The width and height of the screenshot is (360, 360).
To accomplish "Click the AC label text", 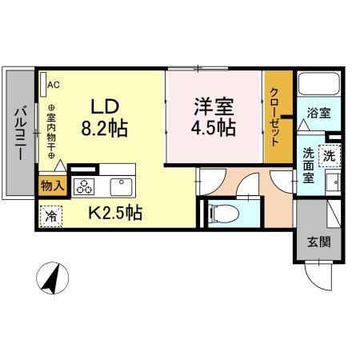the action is point(54,85).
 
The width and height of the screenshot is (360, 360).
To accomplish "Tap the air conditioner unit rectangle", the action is point(43,84).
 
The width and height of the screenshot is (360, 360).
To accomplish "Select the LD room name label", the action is point(105,106).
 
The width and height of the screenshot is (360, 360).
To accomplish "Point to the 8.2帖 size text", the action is point(104,129).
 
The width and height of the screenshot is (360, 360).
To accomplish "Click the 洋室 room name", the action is point(214,106).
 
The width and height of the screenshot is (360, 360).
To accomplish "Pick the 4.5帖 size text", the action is point(214,128).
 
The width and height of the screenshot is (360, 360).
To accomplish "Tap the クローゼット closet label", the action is point(274,117).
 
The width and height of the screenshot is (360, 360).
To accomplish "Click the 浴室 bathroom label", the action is point(318,113).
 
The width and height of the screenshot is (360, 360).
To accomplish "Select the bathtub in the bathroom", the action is point(319,84).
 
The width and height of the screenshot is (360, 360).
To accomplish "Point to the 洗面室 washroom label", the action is point(309,166).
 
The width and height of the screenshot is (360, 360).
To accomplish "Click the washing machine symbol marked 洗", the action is point(330,156).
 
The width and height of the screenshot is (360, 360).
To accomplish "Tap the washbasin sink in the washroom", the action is point(334,182).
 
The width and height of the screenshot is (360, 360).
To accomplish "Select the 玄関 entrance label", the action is point(319,242).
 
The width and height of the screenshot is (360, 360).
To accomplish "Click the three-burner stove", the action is point(84,186).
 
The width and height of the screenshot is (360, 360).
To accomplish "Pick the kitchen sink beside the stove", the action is point(122,186).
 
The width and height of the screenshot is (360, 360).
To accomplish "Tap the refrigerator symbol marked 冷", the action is point(50,216).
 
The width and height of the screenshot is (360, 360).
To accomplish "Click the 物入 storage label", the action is point(53,186).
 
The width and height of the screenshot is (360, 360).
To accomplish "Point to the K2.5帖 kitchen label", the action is point(115,213).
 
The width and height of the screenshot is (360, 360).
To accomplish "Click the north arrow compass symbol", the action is point(53,278).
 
